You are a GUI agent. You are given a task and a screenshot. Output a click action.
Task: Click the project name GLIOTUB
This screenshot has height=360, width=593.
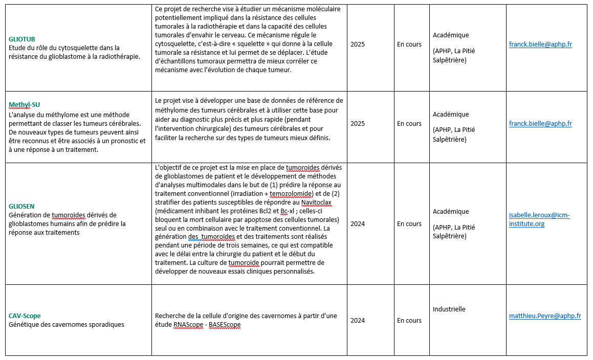(22, 39)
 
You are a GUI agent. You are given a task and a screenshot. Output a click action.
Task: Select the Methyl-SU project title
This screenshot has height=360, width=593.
(24, 105)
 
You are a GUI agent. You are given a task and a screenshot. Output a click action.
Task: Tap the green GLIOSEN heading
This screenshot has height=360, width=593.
(21, 206)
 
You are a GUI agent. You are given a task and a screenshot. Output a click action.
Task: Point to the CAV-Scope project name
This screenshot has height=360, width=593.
(25, 316)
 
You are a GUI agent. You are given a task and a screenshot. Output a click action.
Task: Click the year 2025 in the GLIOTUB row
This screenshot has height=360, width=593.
(358, 44)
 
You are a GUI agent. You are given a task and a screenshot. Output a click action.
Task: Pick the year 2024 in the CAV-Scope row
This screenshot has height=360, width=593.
(358, 321)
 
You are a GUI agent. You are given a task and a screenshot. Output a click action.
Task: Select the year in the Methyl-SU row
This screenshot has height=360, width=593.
(358, 124)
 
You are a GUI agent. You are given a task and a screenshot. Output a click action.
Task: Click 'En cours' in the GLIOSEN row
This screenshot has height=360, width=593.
(409, 224)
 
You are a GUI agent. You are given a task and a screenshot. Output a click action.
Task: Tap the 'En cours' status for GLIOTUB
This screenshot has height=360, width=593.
(409, 44)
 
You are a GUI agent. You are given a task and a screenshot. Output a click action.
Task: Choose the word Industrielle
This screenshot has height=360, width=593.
(449, 309)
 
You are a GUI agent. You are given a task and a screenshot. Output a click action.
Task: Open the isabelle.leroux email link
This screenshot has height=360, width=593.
(539, 219)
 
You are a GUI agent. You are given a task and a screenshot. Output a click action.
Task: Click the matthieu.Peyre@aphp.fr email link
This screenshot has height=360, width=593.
(545, 316)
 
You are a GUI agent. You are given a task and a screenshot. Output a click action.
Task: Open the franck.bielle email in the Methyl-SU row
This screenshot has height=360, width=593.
(540, 124)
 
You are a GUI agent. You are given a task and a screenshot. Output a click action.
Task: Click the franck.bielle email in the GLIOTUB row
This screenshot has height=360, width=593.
(540, 44)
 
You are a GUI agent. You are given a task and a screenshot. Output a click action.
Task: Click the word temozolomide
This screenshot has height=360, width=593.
(280, 193)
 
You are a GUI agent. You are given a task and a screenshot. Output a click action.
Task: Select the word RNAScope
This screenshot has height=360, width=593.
(188, 325)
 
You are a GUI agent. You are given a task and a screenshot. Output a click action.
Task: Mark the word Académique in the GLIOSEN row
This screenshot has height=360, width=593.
(451, 211)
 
